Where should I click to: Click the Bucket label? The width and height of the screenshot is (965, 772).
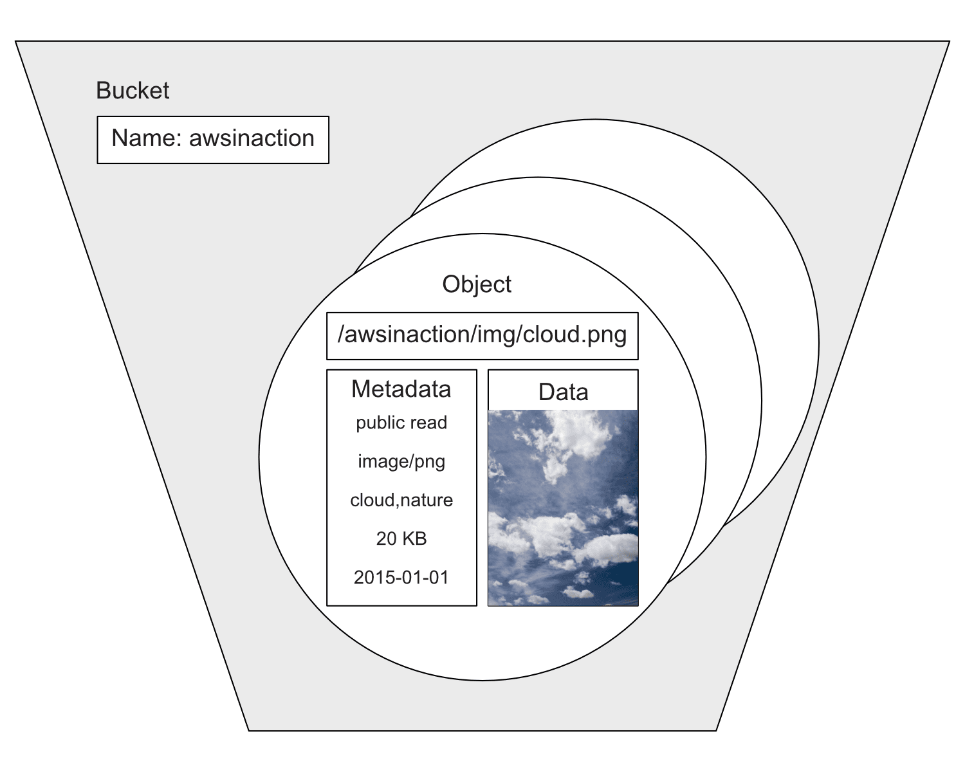(133, 91)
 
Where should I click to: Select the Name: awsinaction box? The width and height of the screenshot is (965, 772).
(213, 140)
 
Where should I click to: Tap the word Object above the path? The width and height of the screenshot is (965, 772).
(477, 284)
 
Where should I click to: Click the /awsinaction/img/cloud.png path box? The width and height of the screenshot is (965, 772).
(482, 335)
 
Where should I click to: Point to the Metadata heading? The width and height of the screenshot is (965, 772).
(401, 389)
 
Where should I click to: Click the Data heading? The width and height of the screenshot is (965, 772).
(563, 392)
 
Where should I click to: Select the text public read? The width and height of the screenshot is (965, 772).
(401, 423)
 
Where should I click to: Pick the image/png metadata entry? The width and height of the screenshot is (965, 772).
(401, 461)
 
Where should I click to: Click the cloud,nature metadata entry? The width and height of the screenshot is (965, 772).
(401, 500)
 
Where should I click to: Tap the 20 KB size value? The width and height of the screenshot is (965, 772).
(401, 538)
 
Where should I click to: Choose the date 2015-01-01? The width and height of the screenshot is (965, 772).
(401, 577)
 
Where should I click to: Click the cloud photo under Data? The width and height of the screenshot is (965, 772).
(563, 508)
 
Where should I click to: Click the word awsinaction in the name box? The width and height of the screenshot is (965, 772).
(252, 138)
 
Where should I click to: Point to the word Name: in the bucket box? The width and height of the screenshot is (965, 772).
(146, 138)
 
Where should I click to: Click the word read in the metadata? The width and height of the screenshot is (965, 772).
(429, 423)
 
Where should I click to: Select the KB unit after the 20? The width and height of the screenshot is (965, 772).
(414, 538)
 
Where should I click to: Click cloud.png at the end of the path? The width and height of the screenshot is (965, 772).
(574, 335)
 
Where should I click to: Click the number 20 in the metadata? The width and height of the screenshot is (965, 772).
(386, 538)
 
